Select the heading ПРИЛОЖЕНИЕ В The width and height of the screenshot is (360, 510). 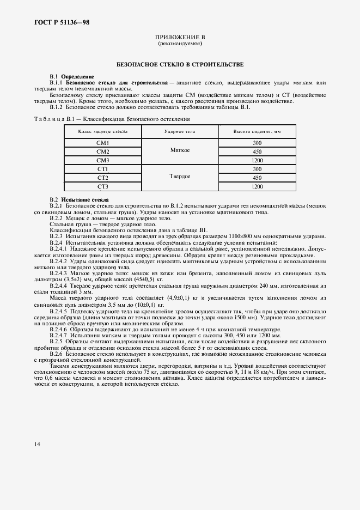[180, 37]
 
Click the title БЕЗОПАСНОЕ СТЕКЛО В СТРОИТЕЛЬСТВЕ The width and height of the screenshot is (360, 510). [180, 64]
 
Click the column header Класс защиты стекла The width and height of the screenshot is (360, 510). [103, 132]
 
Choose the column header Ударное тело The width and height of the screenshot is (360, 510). [180, 132]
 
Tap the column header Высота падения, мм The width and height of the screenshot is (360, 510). [257, 132]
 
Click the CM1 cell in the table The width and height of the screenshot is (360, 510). [103, 143]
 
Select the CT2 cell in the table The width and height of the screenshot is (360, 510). [103, 178]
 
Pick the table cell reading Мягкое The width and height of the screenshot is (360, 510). [180, 151]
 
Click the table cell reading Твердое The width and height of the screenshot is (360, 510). [180, 178]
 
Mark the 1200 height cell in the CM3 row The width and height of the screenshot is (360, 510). [257, 160]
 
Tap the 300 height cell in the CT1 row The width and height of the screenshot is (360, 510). [257, 169]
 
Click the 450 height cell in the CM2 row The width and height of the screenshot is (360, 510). [257, 151]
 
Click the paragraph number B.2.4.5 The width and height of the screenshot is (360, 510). [60, 311]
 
